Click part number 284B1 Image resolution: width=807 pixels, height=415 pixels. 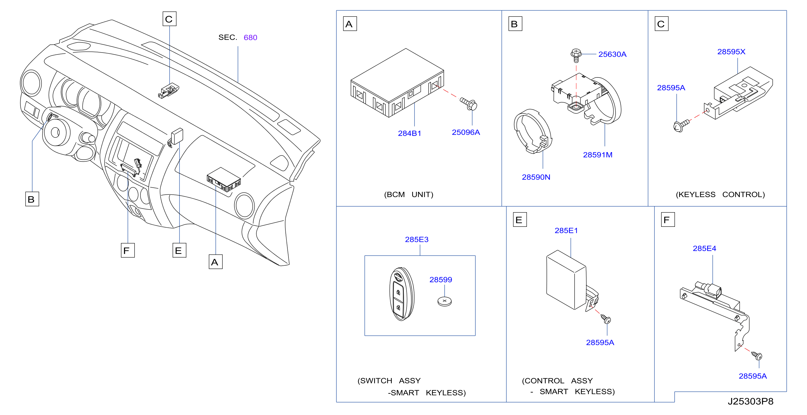pyautogui.click(x=409, y=133)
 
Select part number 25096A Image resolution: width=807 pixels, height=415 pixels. pyautogui.click(x=466, y=132)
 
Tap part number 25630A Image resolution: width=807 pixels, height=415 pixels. pyautogui.click(x=612, y=55)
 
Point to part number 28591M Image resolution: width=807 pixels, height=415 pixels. pyautogui.click(x=597, y=155)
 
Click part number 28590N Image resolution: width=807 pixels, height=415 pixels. pyautogui.click(x=536, y=177)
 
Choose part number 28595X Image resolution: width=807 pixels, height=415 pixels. pyautogui.click(x=731, y=52)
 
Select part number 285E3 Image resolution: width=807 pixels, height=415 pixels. pyautogui.click(x=417, y=239)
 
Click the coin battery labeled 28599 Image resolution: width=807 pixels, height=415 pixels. pyautogui.click(x=445, y=301)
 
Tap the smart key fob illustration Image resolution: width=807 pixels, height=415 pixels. pyautogui.click(x=402, y=294)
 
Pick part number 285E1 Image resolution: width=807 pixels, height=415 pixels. pyautogui.click(x=566, y=231)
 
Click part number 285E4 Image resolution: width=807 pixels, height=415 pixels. pyautogui.click(x=704, y=249)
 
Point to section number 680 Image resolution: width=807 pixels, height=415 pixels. pyautogui.click(x=250, y=37)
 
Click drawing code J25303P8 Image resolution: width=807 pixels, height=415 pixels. pyautogui.click(x=750, y=401)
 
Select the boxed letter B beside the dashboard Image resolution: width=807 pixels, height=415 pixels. pyautogui.click(x=32, y=199)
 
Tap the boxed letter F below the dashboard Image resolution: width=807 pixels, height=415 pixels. pyautogui.click(x=128, y=250)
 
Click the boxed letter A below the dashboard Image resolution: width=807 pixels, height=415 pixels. pyautogui.click(x=215, y=262)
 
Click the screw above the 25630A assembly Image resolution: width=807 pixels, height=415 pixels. pyautogui.click(x=576, y=55)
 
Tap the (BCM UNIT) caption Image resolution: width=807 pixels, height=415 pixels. pyautogui.click(x=409, y=195)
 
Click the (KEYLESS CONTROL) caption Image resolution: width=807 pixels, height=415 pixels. pyautogui.click(x=720, y=195)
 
